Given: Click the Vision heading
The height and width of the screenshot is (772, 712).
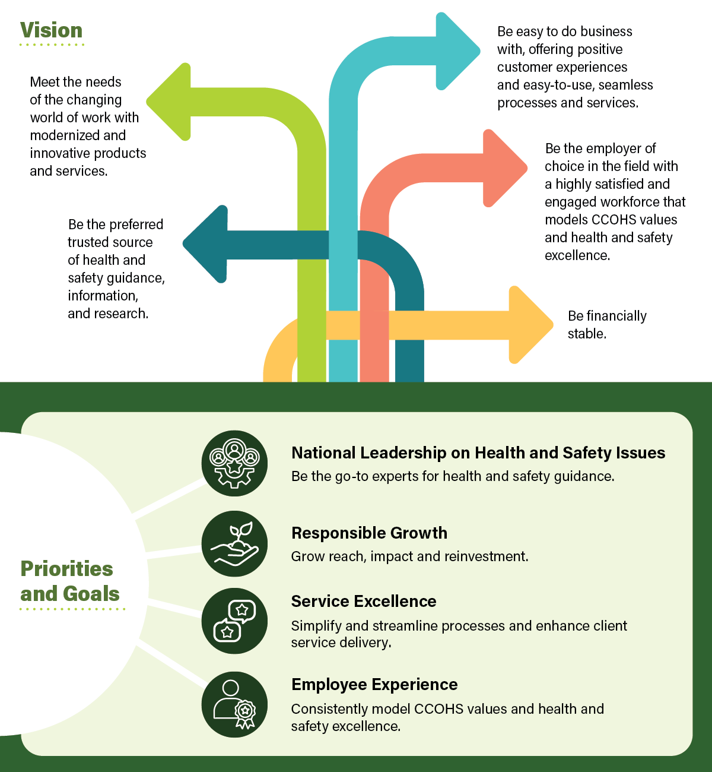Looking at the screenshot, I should tap(51, 30).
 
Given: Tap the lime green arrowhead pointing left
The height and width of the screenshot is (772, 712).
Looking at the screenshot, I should tap(169, 102).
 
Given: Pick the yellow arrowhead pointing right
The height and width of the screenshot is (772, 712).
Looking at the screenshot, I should tap(529, 324).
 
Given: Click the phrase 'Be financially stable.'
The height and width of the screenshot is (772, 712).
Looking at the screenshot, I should tap(606, 324).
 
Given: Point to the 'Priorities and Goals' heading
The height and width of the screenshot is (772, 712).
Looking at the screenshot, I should tap(69, 581).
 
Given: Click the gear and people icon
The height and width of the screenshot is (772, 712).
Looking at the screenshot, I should tap(234, 463).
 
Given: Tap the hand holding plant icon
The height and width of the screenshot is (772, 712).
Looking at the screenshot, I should tap(234, 543).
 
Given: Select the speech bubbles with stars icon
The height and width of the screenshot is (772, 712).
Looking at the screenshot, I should tap(234, 621).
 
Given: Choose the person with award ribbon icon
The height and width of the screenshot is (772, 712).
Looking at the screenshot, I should tap(234, 705).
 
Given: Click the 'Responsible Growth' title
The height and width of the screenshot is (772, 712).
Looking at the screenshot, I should tap(369, 533).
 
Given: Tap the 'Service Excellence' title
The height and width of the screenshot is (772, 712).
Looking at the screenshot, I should tap(364, 601).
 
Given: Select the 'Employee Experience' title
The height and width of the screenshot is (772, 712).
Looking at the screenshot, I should tap(374, 684).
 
